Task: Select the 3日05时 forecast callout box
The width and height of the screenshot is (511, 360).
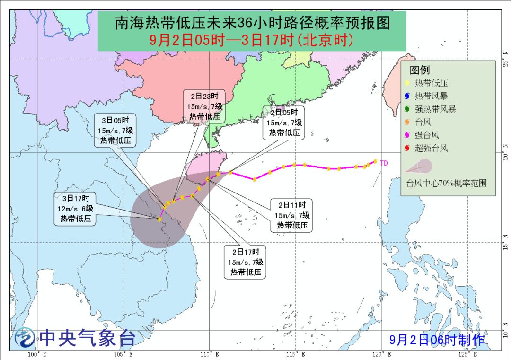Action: (116, 131)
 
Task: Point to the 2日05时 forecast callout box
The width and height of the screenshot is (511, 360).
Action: (284, 123)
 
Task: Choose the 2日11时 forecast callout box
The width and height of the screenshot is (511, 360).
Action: (292, 215)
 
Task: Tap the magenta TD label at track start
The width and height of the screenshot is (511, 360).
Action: (384, 163)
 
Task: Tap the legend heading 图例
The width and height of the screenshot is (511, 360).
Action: (420, 70)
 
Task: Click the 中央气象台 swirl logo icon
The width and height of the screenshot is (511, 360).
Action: (25, 338)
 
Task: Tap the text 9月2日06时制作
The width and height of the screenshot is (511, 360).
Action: (437, 339)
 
